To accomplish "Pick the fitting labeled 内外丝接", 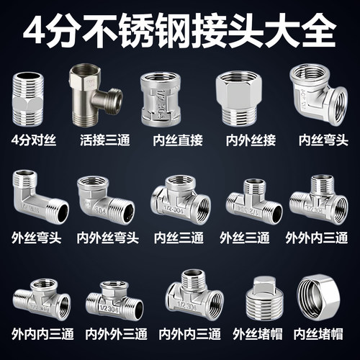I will [x=238, y=96].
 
